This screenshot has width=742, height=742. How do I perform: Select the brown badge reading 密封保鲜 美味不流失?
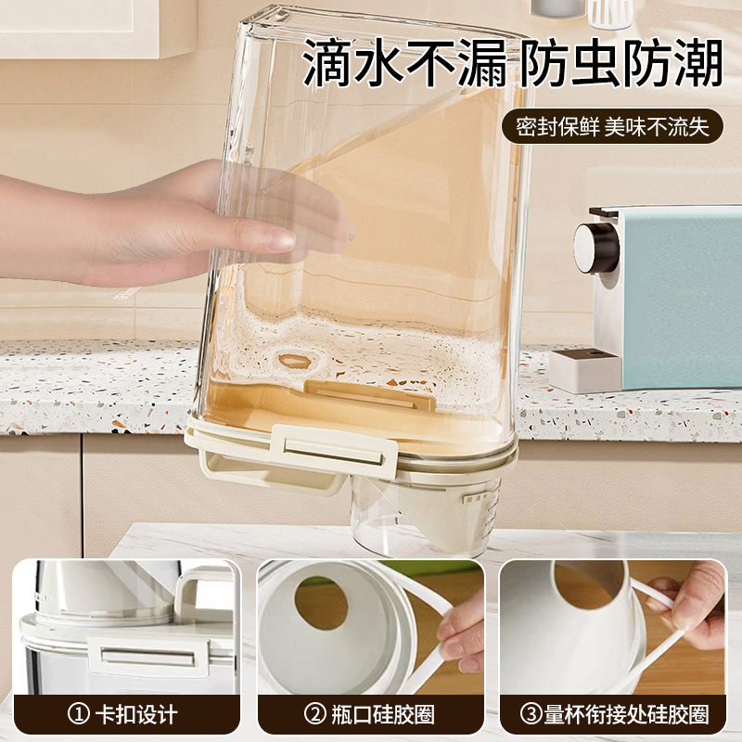click(x=612, y=127)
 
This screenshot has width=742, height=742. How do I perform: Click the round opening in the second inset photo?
click(x=321, y=603)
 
